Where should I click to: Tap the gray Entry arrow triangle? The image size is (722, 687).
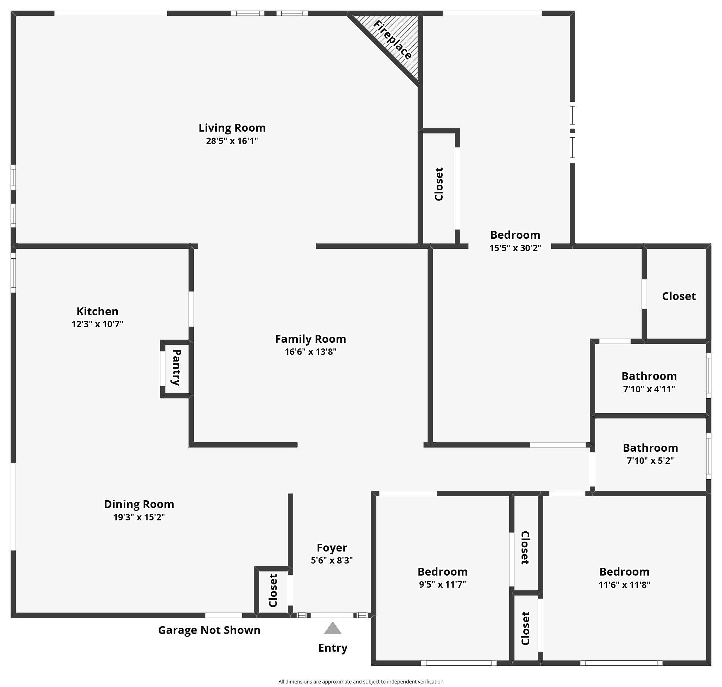coord(333,629)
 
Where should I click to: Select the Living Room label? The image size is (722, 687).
coord(232,128)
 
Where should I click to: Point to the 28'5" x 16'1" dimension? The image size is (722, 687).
coord(232,141)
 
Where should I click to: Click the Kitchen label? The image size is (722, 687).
coord(97,311)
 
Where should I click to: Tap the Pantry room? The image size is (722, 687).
coord(176,368)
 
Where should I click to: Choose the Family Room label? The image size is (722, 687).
coord(310,339)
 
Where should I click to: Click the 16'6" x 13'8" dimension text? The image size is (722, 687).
coord(310,352)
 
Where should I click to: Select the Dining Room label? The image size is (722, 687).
coord(139,504)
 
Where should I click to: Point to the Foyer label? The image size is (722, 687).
coord(332,548)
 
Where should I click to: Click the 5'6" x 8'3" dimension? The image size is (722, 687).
coord(332,560)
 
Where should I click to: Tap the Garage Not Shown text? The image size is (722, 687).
coord(209,630)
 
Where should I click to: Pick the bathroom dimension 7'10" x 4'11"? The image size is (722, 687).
coord(649,389)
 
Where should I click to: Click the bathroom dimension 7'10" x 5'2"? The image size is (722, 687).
coord(650,461)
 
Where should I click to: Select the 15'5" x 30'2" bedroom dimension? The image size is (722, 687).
coord(515,248)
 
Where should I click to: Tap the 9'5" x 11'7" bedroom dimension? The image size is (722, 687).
coord(442,584)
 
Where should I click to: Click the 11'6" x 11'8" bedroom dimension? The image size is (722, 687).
coord(624,584)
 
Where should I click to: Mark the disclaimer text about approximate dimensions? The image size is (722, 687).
coord(360,681)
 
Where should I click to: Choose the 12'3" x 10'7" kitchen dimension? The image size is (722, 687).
coord(97,324)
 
